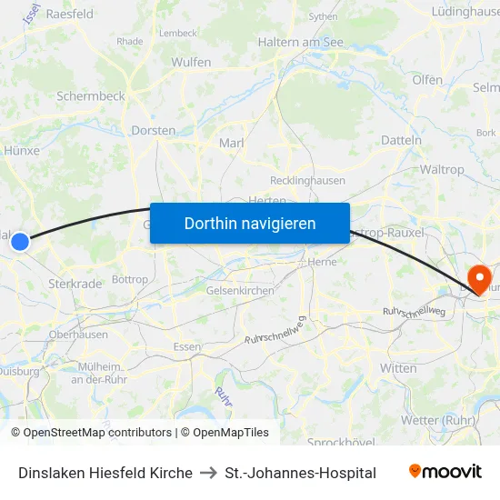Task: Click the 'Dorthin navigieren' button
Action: pos(249,223)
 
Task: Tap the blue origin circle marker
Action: pos(20,241)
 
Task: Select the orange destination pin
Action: pos(477,277)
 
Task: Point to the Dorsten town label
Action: pos(153,130)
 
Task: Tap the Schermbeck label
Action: pos(90,95)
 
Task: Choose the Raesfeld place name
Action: pos(69,15)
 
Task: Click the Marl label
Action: pos(232,143)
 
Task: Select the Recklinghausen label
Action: pos(307,180)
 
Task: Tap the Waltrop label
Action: pos(442,169)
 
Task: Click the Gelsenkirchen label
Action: pos(240,290)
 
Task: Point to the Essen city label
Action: pos(186,347)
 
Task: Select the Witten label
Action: pos(398,368)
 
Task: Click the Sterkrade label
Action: pos(75,284)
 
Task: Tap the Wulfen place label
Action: pos(191,63)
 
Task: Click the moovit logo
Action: pos(445,472)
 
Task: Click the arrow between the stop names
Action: pos(208,473)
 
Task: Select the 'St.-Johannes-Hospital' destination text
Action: pos(300,473)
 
